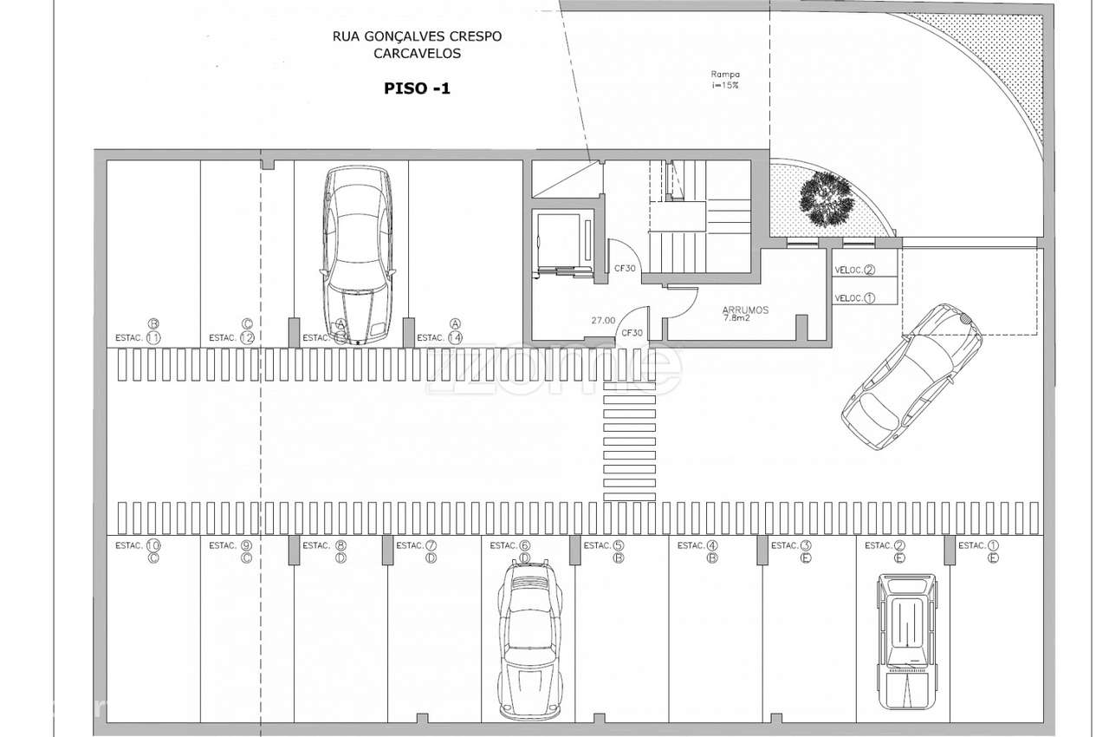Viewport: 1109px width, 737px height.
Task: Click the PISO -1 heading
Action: [x=417, y=88]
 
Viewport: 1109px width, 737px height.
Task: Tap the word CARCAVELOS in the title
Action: [x=417, y=53]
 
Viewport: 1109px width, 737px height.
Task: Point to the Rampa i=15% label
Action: [x=726, y=80]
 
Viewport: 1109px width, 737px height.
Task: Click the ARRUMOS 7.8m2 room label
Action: [x=745, y=313]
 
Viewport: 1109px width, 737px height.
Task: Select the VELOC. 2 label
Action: [x=854, y=270]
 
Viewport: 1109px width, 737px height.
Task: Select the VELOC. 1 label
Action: [x=854, y=297]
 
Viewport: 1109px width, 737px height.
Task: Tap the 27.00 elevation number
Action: [x=603, y=320]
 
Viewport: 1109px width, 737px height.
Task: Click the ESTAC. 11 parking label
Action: [x=139, y=337]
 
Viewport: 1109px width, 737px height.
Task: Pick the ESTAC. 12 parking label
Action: [x=232, y=337]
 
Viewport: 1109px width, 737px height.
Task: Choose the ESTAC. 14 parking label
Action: [x=440, y=337]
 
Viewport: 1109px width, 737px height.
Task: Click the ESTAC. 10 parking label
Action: [x=139, y=546]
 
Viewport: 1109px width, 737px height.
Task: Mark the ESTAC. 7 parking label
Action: [x=417, y=546]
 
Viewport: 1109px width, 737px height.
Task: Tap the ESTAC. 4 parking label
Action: [x=698, y=546]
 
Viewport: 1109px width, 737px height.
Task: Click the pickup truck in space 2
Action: [x=906, y=642]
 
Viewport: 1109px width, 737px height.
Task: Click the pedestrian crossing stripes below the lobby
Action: [x=630, y=451]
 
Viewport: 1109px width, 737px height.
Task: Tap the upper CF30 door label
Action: [x=626, y=269]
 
